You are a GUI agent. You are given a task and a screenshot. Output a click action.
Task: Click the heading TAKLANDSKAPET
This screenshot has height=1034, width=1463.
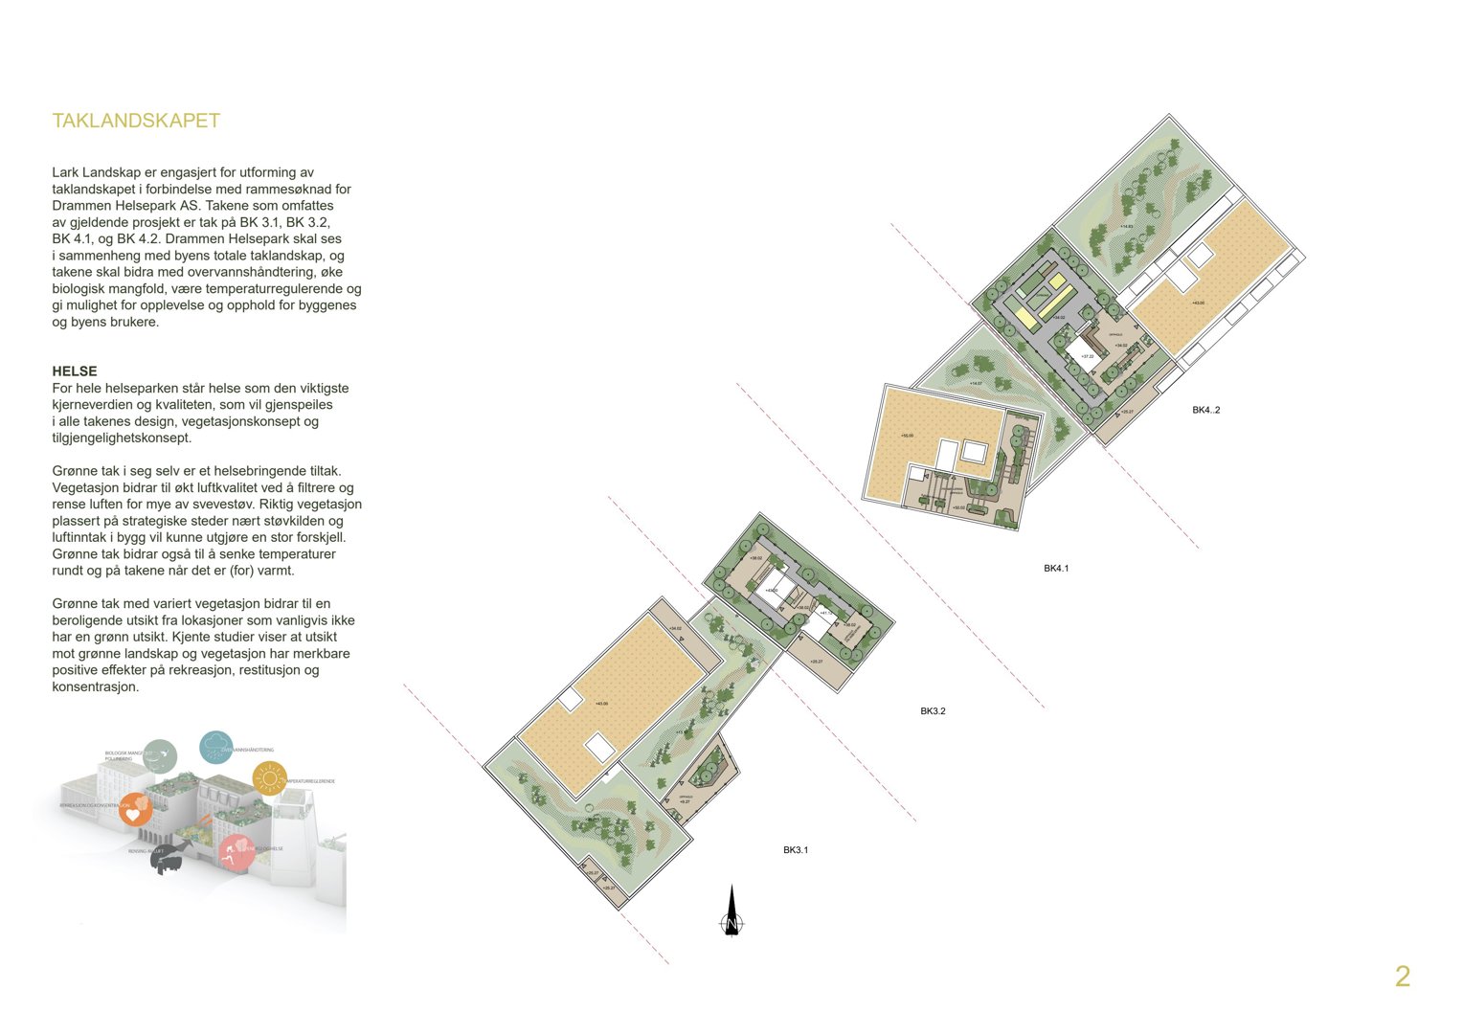136,121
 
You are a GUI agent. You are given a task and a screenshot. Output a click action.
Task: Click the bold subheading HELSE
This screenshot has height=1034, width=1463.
75,371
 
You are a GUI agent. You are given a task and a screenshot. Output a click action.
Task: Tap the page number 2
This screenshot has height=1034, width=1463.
1402,977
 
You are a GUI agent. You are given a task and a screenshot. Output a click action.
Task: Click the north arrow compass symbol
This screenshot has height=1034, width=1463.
731,912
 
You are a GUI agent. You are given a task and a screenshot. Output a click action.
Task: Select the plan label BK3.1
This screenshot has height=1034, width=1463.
796,850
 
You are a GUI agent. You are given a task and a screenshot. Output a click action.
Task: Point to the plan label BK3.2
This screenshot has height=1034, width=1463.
933,711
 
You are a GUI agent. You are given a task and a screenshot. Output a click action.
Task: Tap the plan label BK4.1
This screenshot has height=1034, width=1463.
1056,569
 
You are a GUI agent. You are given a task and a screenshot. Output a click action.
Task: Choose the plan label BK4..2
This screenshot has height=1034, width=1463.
1205,410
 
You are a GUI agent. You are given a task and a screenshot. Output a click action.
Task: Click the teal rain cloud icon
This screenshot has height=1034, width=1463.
215,747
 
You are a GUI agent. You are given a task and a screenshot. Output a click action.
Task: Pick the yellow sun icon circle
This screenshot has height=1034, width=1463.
270,778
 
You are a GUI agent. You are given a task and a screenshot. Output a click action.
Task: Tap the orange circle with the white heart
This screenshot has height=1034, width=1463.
135,809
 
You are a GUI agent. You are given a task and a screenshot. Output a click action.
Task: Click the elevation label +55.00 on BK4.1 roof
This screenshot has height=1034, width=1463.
907,436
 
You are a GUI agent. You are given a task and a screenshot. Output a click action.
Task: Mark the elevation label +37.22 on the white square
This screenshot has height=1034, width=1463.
1087,356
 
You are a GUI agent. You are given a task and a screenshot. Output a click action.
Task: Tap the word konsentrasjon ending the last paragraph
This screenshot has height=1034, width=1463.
95,686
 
